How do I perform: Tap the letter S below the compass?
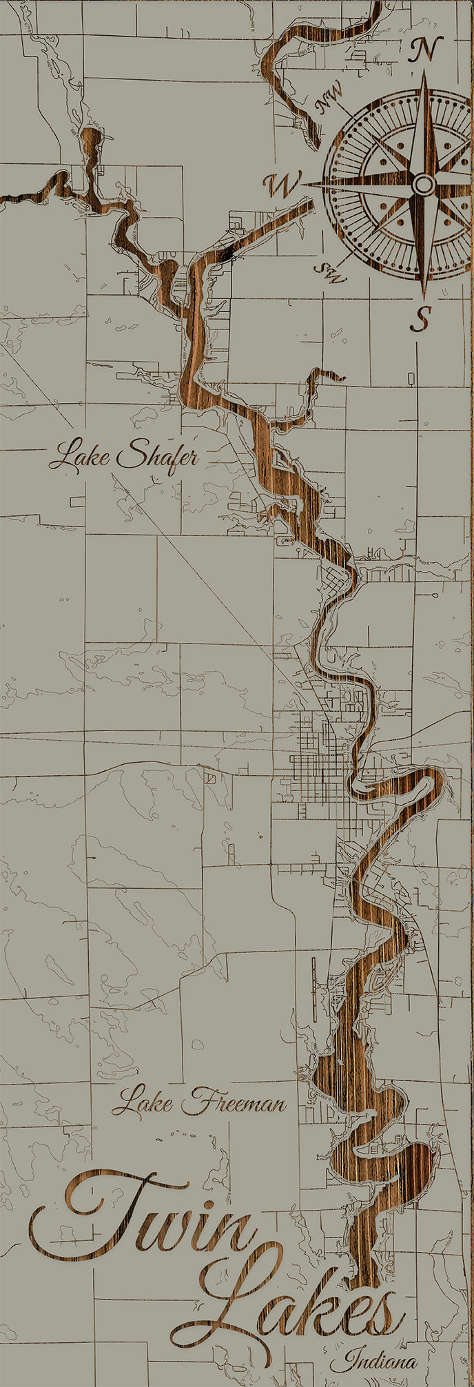(423, 318)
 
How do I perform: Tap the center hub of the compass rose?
(423, 184)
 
